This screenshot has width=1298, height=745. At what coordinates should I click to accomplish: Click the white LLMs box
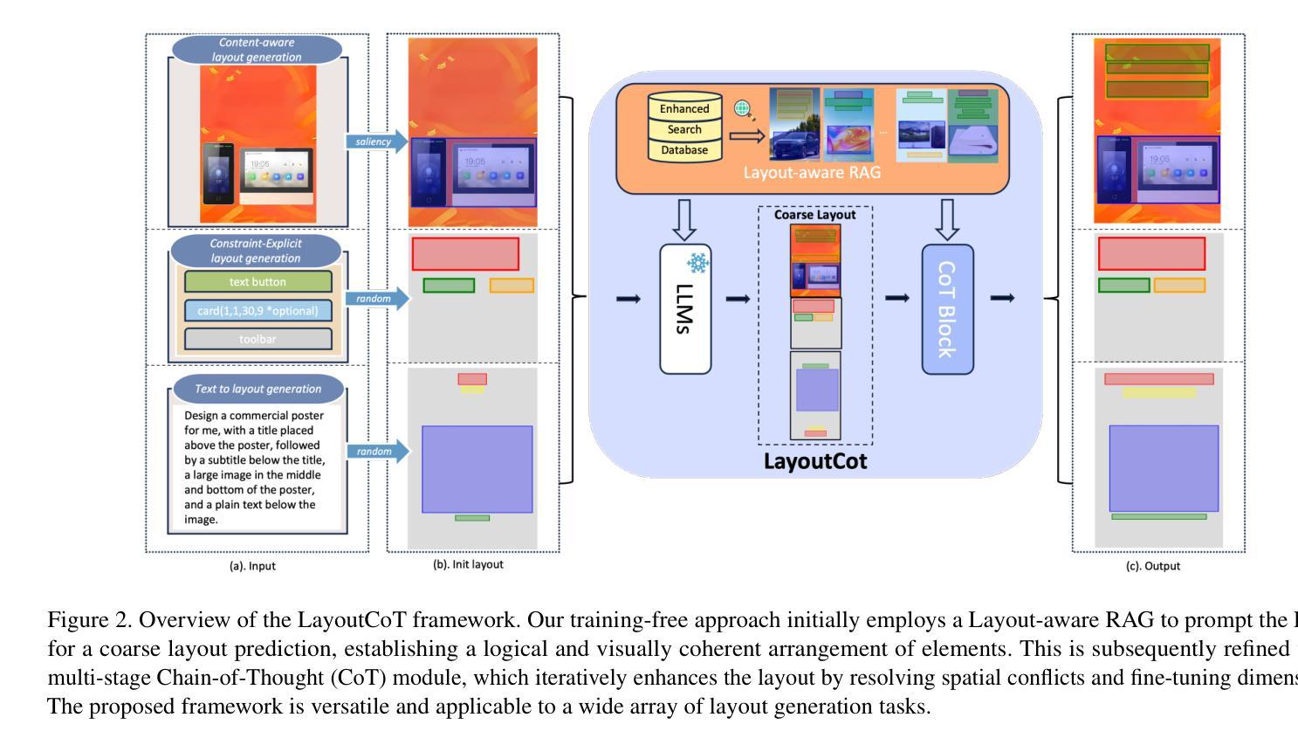coord(685,309)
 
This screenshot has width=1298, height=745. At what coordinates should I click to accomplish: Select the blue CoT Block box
coord(947,309)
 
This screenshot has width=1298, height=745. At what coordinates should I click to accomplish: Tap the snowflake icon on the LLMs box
coord(697,263)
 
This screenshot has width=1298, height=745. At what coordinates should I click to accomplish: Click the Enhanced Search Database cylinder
coord(684,128)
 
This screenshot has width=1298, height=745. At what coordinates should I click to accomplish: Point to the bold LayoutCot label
coord(815,461)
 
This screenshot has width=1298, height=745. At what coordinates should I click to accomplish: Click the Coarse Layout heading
coord(814,215)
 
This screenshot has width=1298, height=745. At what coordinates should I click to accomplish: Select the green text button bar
coord(258,282)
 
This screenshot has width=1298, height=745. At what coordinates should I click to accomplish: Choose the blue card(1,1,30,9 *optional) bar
coord(258,311)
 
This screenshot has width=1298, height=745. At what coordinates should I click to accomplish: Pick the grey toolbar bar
coord(258,339)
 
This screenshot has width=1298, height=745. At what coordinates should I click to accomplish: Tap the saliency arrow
coord(378,141)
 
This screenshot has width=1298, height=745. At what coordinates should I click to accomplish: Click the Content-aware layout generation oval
coord(257,50)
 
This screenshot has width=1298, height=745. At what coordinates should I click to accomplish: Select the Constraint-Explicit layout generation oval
coord(256,251)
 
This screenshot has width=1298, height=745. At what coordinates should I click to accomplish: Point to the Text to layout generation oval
coord(258,389)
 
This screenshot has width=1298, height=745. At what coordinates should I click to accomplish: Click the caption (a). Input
coord(252,566)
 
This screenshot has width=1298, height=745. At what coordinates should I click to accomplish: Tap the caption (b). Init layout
coord(468,564)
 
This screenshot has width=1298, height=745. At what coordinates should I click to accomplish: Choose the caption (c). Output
coord(1153,566)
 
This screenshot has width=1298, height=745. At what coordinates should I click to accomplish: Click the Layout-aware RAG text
coord(812,172)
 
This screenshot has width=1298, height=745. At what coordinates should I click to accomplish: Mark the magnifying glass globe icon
coord(744,110)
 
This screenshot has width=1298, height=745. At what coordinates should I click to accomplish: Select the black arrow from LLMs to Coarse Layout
coord(738,299)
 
